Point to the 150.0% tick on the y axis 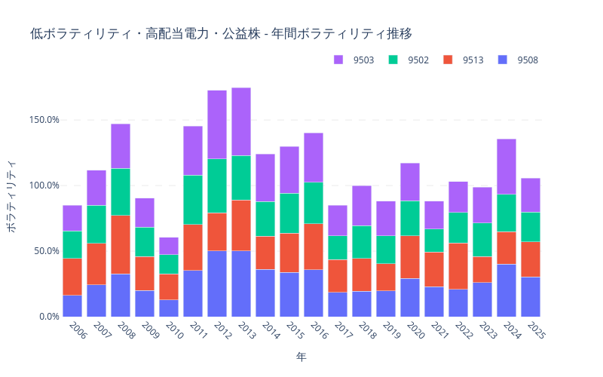click(44, 120)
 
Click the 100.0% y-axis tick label click(44, 185)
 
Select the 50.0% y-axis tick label click(47, 251)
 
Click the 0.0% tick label click(49, 317)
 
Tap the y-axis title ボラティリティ click(11, 196)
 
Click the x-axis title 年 click(301, 356)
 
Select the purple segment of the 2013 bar click(241, 121)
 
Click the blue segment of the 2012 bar click(217, 284)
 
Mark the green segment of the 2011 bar click(193, 200)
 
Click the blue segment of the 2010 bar click(169, 308)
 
